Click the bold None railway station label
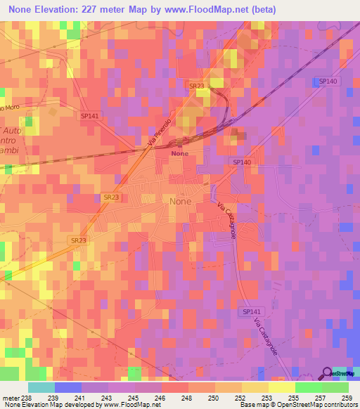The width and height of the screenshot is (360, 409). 180,152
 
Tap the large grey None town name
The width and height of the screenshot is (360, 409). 180,201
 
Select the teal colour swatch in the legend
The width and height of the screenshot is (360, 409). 41,387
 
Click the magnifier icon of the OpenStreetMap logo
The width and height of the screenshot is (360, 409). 328,373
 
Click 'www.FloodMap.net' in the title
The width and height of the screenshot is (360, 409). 210,10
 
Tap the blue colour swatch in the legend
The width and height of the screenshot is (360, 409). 68,387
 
